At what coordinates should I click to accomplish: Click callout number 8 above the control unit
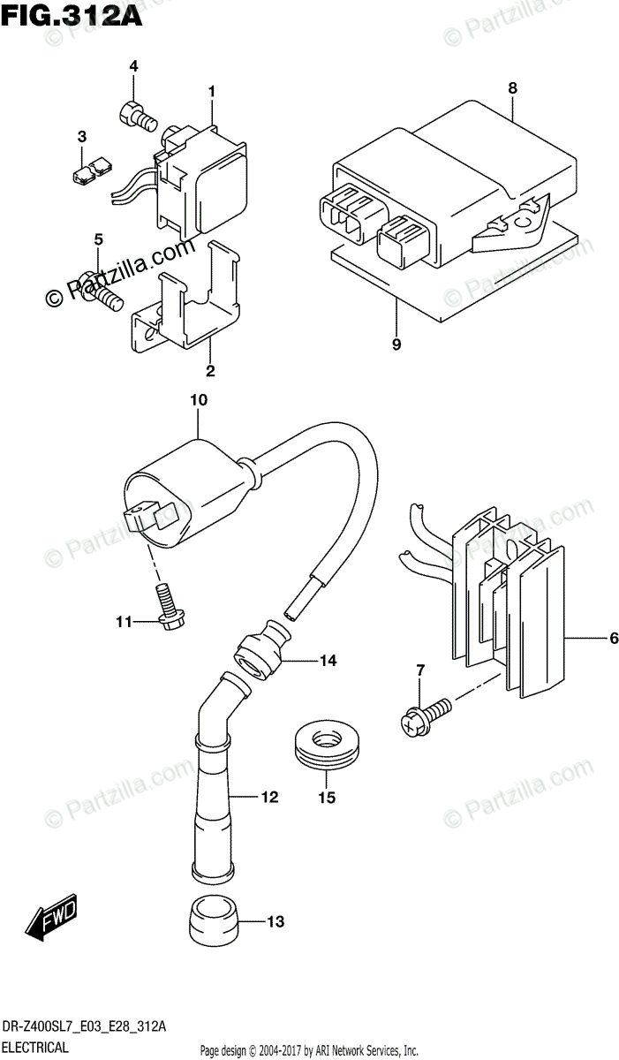click(511, 88)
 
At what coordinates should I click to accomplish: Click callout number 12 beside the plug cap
click(269, 798)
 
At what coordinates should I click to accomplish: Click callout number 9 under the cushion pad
click(396, 344)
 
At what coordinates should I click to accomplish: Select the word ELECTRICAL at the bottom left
click(36, 1048)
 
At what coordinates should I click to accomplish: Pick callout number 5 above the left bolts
click(99, 238)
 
